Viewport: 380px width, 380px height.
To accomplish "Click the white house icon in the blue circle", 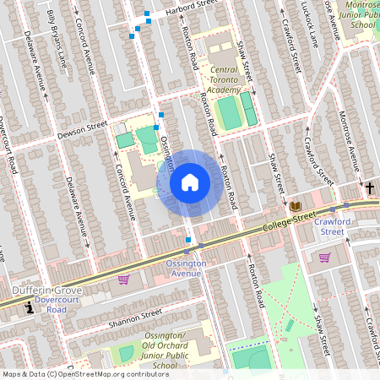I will (x=190, y=182).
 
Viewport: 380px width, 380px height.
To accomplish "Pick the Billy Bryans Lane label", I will (x=57, y=38).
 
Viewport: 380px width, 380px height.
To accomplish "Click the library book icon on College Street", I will (x=295, y=207).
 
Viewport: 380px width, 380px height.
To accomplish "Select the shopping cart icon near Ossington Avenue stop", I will (x=123, y=280).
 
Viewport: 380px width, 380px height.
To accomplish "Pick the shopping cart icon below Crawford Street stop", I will (x=324, y=258).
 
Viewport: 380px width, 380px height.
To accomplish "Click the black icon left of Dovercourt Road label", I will (x=31, y=308).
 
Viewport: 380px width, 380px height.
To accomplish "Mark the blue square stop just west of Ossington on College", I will (x=187, y=240).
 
